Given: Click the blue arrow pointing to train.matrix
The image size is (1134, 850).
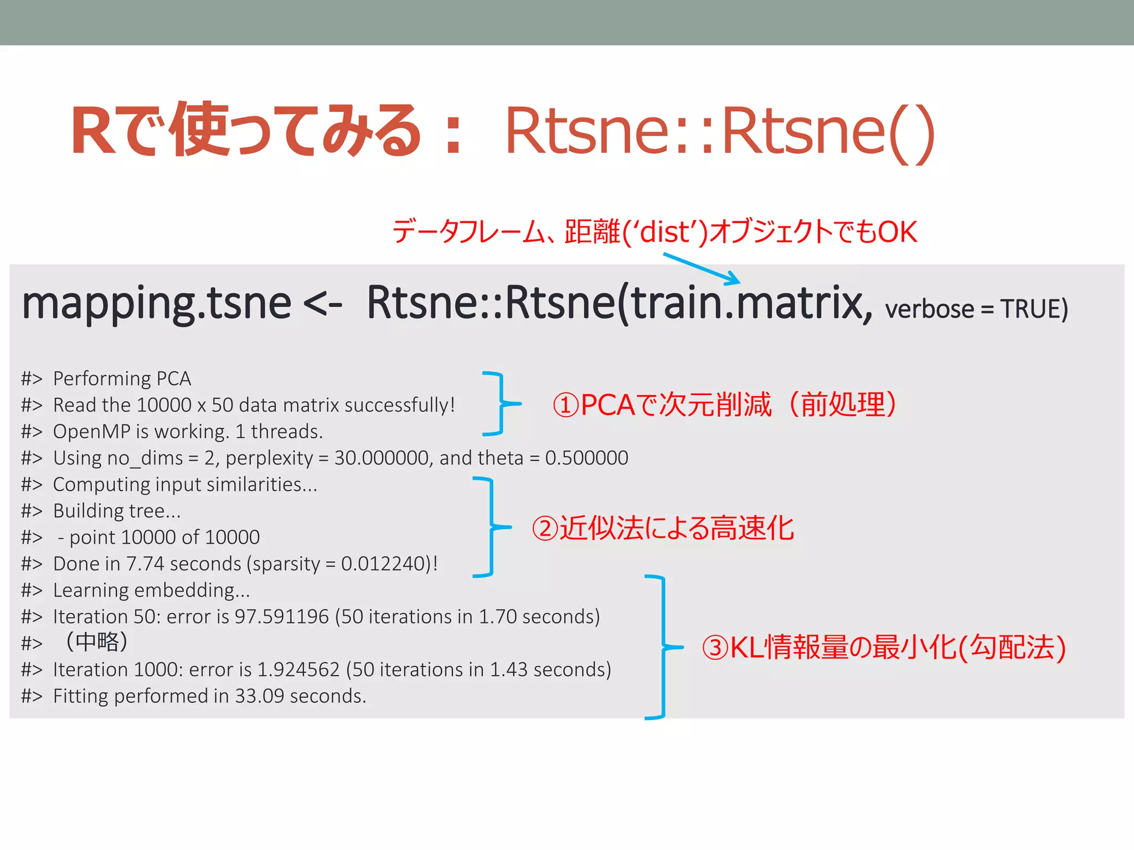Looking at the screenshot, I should (702, 269).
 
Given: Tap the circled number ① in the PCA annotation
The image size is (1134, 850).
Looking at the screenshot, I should (566, 405).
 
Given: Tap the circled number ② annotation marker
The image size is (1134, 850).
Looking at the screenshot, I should (545, 528).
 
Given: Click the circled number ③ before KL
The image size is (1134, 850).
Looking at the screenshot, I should (715, 647).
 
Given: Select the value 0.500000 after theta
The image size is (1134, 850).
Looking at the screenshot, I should (586, 458).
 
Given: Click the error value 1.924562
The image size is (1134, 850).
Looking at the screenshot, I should (298, 670).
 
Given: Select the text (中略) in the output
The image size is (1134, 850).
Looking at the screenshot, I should (96, 642).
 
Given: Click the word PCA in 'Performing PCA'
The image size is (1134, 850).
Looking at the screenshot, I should (173, 379).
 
